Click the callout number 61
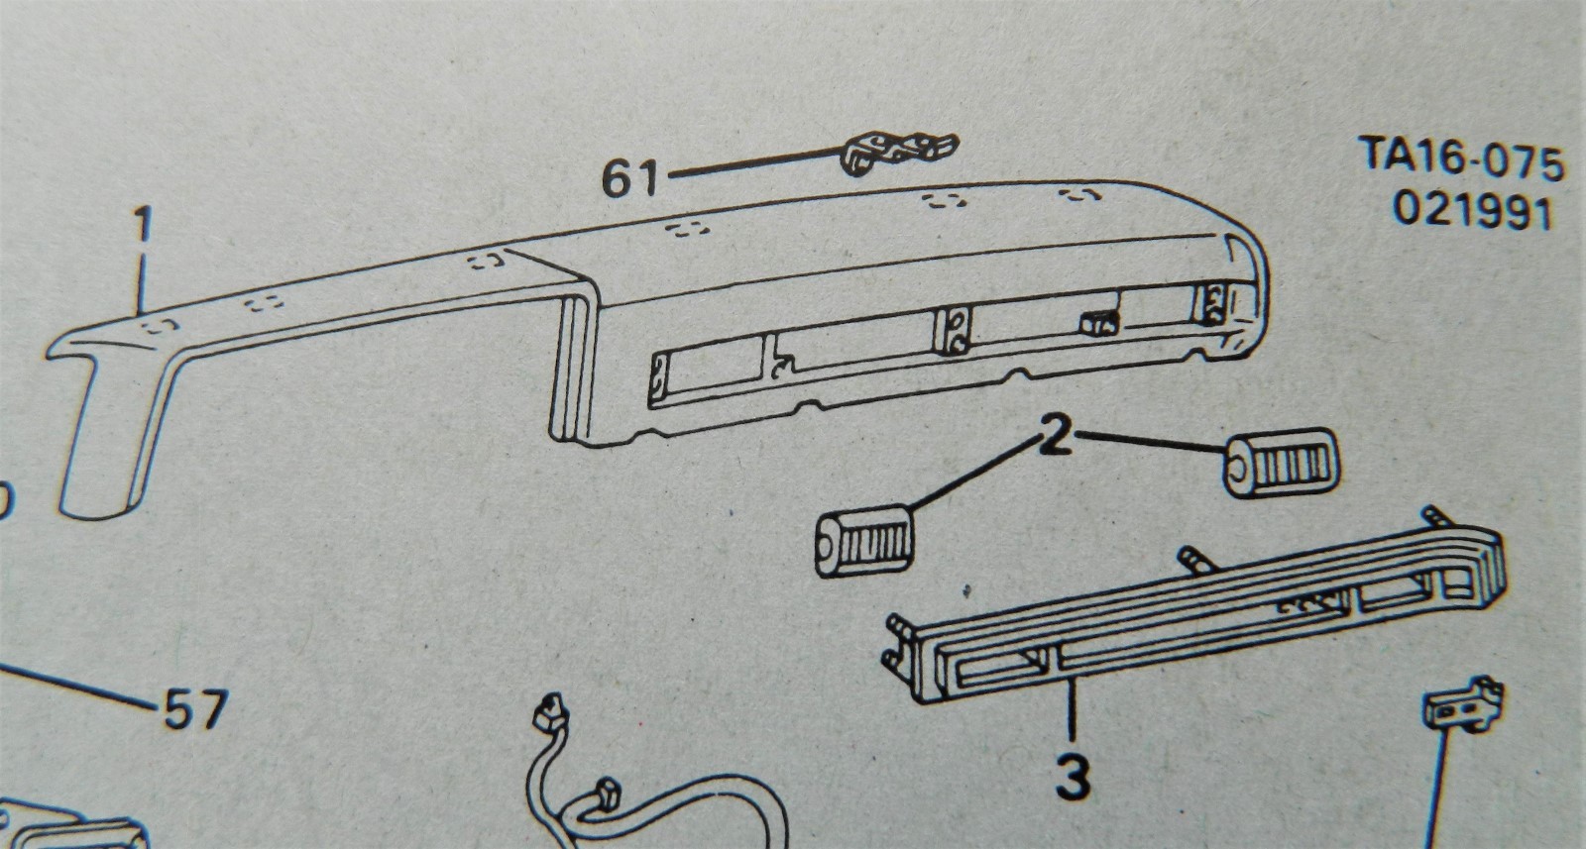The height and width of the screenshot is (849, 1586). [x=631, y=179]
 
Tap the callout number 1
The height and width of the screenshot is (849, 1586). [x=145, y=229]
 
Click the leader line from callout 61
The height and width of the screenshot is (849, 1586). [x=753, y=164]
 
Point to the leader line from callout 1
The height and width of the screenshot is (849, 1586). [x=147, y=287]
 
